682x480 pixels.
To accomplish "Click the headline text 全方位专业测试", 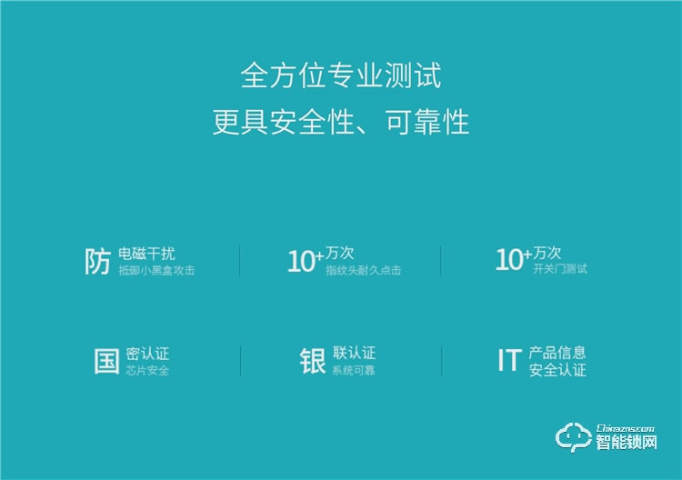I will (341, 75).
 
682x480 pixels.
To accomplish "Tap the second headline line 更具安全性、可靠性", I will (341, 122).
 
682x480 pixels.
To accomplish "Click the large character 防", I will (97, 261).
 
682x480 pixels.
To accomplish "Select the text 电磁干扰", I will (146, 254).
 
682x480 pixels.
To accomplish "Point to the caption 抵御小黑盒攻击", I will (156, 271).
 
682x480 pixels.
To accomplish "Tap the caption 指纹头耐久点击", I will (363, 271).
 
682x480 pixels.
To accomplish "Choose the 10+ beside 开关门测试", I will (513, 260).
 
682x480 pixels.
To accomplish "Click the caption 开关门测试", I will (560, 270).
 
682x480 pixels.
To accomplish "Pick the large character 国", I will (106, 361).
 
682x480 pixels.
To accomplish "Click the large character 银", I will (313, 361).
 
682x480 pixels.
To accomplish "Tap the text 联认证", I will (354, 354).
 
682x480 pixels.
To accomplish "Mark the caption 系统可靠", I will (354, 371).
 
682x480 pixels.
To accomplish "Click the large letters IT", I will (508, 361).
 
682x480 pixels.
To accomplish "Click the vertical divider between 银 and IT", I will (442, 361).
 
